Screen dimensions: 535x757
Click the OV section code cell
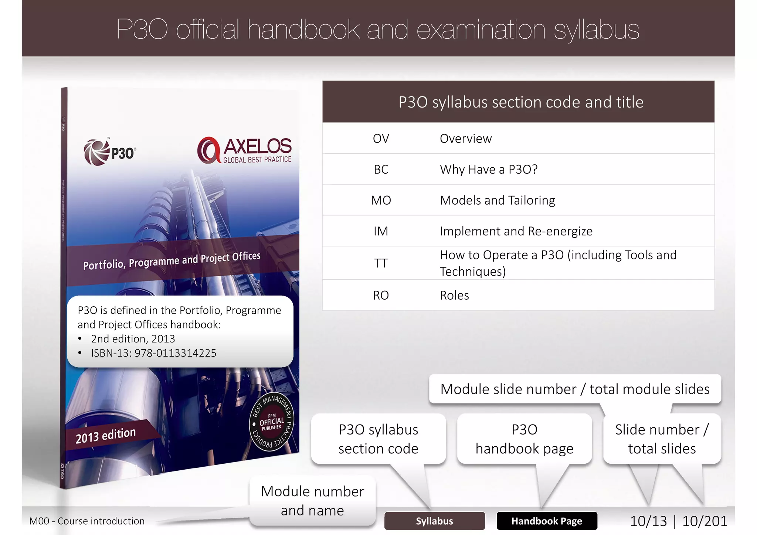(x=381, y=139)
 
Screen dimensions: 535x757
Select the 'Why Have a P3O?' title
(x=488, y=169)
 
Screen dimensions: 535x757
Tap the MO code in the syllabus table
(x=381, y=200)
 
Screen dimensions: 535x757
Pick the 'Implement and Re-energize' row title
(x=516, y=231)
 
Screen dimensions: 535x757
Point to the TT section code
(x=381, y=263)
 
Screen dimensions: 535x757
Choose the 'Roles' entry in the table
(x=454, y=295)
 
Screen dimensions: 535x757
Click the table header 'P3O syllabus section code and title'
(x=520, y=102)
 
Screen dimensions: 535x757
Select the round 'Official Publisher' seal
(x=272, y=422)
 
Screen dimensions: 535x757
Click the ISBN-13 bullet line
(x=153, y=353)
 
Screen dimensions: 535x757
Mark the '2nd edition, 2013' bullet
(x=133, y=339)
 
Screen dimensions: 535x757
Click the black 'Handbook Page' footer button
(x=547, y=521)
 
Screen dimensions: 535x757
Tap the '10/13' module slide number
(x=648, y=521)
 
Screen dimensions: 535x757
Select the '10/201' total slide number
(x=705, y=521)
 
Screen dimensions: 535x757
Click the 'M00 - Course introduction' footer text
(x=87, y=521)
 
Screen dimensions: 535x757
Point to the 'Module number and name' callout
(x=312, y=501)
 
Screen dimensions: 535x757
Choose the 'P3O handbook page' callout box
(x=524, y=439)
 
